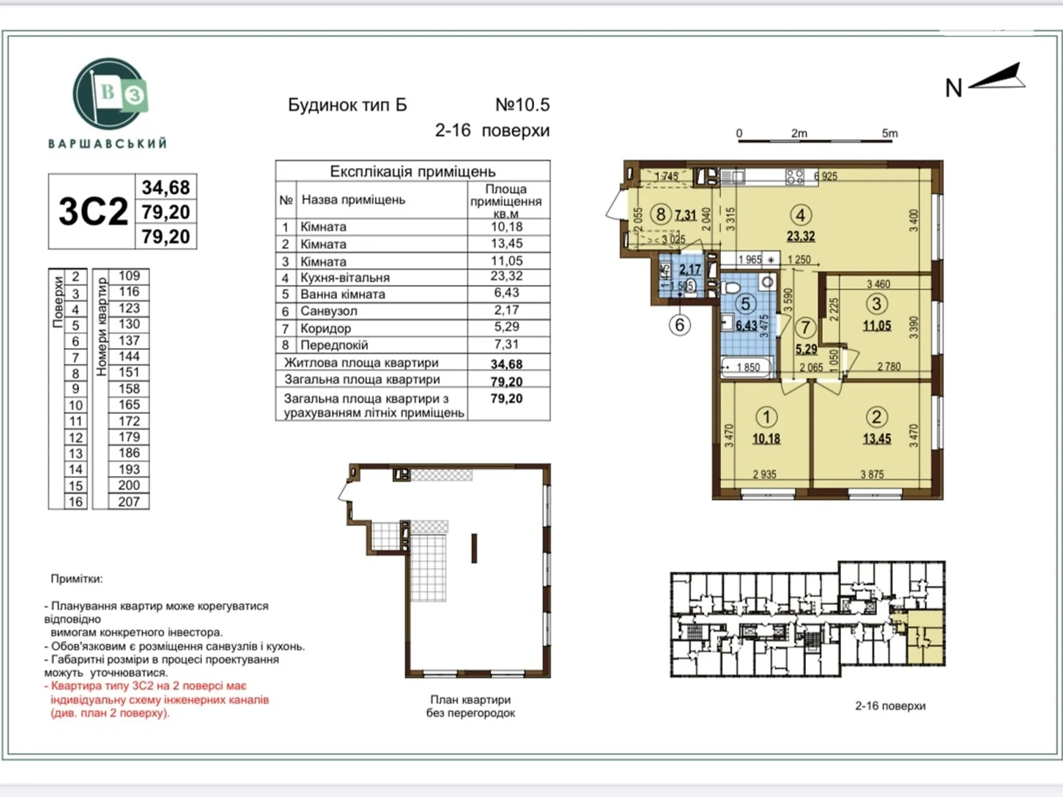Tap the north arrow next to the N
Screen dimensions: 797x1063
point(999,78)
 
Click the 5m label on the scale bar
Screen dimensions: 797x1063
point(890,133)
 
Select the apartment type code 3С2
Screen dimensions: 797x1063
point(93,212)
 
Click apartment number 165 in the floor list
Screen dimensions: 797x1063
point(129,404)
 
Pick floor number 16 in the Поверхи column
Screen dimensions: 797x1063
point(76,501)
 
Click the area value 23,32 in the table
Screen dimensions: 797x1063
point(506,276)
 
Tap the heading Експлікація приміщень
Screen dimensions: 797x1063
point(413,171)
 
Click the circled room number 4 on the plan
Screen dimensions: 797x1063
point(800,215)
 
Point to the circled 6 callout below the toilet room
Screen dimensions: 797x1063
point(680,325)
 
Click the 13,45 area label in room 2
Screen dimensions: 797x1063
point(876,438)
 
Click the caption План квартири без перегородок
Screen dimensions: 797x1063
point(470,706)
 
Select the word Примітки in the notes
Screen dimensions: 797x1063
point(76,578)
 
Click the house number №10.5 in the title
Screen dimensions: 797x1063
point(522,105)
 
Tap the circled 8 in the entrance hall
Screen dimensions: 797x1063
point(660,214)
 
